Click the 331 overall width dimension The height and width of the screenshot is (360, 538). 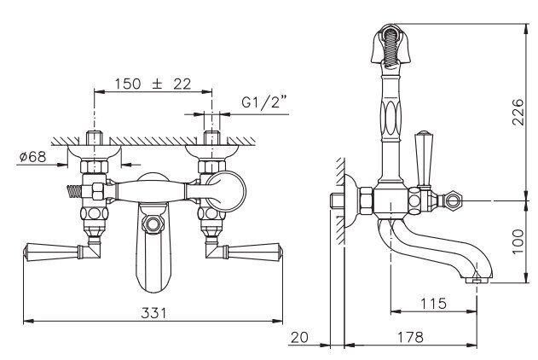click(x=153, y=313)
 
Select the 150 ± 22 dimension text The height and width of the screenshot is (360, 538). click(x=153, y=84)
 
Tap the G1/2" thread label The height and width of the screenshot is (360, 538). click(x=263, y=102)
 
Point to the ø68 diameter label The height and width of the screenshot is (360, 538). click(x=32, y=157)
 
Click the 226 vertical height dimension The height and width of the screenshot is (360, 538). click(x=518, y=113)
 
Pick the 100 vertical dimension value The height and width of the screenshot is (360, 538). click(x=518, y=241)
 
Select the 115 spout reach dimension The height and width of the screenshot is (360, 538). click(x=433, y=304)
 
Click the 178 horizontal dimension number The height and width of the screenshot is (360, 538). click(x=410, y=337)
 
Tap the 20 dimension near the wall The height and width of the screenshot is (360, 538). click(x=299, y=337)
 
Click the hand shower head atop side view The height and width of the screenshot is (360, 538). click(x=390, y=44)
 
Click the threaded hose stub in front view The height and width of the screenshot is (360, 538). click(x=74, y=191)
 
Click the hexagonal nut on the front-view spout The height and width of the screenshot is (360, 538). click(x=153, y=224)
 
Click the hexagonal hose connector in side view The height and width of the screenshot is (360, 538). click(x=452, y=200)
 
